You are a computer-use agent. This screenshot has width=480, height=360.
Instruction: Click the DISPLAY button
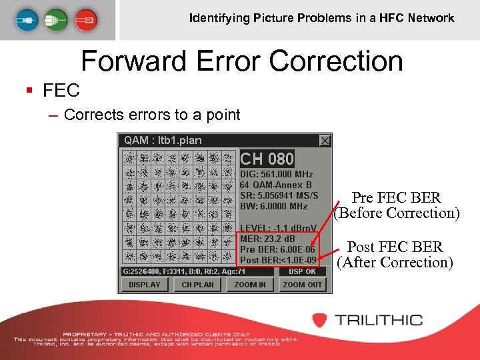[x=145, y=284]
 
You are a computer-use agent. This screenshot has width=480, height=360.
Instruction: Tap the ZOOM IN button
[x=250, y=284]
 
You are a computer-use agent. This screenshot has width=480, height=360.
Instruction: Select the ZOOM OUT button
[x=302, y=284]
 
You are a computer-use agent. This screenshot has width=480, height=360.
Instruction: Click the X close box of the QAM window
[x=325, y=140]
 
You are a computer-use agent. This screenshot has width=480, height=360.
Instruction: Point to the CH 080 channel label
[x=267, y=159]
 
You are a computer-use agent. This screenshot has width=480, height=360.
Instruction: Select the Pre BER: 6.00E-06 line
[x=277, y=250]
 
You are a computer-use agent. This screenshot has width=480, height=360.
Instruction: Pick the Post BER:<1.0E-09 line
[x=278, y=260]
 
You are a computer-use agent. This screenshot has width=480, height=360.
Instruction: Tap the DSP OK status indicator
[x=302, y=271]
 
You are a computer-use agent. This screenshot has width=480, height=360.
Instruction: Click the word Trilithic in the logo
[x=379, y=319]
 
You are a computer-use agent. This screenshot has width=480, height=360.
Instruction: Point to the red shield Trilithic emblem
[x=320, y=320]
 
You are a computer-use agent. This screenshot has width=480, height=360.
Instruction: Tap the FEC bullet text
[x=61, y=90]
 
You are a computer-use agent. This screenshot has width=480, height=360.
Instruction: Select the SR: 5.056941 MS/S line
[x=279, y=195]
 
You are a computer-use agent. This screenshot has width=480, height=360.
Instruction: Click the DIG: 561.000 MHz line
[x=276, y=174]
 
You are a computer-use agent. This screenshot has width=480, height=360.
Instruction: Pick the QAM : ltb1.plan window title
[x=163, y=140]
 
